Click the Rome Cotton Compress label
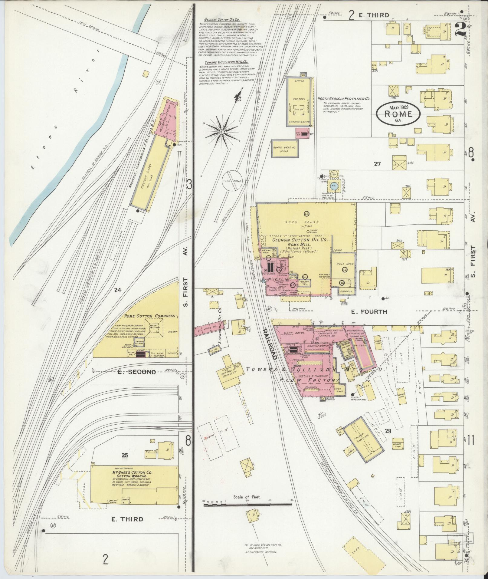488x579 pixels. (150, 316)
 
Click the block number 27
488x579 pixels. (377, 164)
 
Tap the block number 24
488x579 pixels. (117, 290)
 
